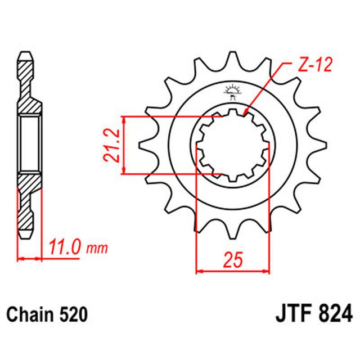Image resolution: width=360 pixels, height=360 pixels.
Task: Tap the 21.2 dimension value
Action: [112, 145]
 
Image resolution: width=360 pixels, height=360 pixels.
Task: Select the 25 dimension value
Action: [233, 260]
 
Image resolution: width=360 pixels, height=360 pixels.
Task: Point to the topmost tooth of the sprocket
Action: [232, 59]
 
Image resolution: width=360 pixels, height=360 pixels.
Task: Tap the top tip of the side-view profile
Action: [26, 55]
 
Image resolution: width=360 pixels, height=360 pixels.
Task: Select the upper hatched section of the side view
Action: [28, 84]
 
